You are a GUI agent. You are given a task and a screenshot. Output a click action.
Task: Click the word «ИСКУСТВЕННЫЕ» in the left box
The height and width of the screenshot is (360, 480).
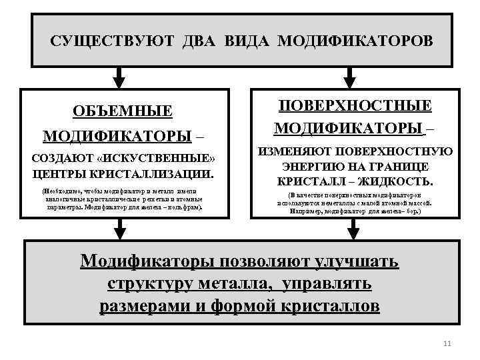(x=167, y=159)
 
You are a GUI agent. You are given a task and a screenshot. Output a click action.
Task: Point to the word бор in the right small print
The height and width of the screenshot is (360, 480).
(x=413, y=211)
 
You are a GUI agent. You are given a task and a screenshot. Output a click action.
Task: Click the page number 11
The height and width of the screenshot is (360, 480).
(x=447, y=344)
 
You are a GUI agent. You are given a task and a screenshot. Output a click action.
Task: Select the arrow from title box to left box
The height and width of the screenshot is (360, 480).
(x=119, y=78)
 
